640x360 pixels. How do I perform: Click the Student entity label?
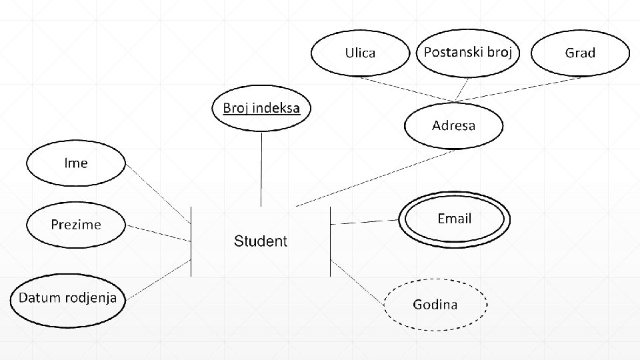tap(260, 241)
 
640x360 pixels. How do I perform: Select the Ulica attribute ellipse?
tap(360, 53)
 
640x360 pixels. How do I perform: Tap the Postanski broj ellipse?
tap(467, 52)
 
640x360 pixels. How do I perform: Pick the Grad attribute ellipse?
tap(580, 53)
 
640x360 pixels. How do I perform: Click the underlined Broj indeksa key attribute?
tap(261, 108)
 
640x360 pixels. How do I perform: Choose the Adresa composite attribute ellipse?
tap(453, 125)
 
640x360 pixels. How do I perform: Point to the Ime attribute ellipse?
tap(75, 163)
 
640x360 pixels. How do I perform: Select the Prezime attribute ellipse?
tap(76, 225)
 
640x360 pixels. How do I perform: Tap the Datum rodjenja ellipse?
tap(67, 298)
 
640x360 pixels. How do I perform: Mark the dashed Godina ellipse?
tap(435, 305)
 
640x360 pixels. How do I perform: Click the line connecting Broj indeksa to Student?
tap(261, 170)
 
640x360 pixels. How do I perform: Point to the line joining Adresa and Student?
tap(373, 178)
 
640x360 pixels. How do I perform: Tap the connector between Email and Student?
tap(365, 222)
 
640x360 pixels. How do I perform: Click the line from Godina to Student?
tap(359, 283)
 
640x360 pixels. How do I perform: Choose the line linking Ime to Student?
tap(159, 192)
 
